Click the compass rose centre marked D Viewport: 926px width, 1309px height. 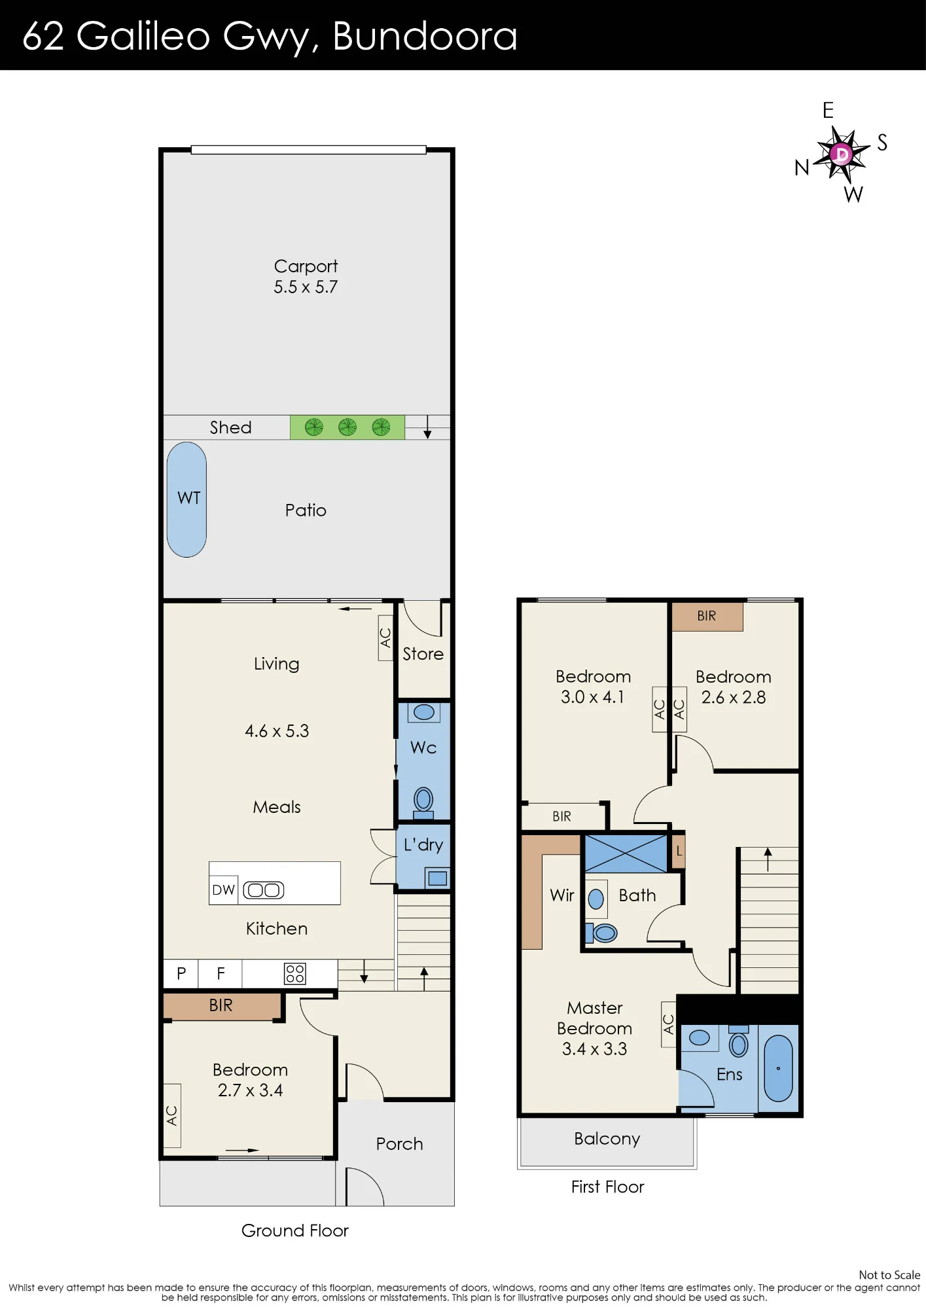click(x=842, y=154)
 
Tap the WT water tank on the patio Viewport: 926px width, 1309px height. click(x=187, y=499)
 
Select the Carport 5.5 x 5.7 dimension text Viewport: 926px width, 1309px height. click(x=306, y=287)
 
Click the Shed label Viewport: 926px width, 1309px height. click(x=230, y=427)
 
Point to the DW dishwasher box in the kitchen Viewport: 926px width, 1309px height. click(x=224, y=890)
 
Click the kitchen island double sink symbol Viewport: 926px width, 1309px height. click(x=264, y=890)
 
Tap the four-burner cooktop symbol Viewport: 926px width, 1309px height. click(x=294, y=973)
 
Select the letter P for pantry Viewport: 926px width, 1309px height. click(x=181, y=973)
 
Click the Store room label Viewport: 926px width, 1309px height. click(x=423, y=654)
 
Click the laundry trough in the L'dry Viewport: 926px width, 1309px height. click(x=437, y=878)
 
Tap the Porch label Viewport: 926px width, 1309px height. click(x=399, y=1143)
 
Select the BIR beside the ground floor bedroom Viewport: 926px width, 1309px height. click(x=221, y=1005)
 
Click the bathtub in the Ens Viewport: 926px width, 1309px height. click(x=778, y=1068)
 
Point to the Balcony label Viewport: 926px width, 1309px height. click(x=607, y=1139)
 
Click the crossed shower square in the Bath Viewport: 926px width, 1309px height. click(x=626, y=853)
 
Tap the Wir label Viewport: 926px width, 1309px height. click(x=562, y=895)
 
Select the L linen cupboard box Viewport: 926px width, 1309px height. click(x=679, y=851)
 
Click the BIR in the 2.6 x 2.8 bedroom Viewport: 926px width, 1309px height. click(x=707, y=617)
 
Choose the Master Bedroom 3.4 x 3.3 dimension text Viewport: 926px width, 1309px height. click(x=594, y=1049)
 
